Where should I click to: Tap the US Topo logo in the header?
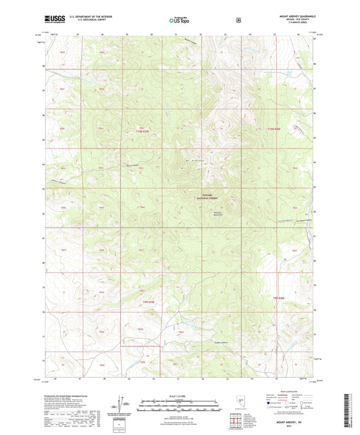pyautogui.click(x=180, y=20)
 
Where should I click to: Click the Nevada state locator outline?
pyautogui.click(x=242, y=403)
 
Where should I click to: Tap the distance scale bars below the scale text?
pyautogui.click(x=180, y=405)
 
